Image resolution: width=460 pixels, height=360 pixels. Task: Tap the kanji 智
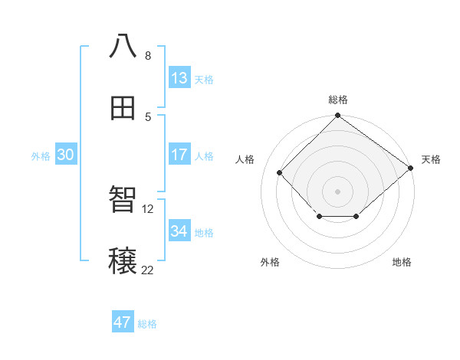tap(123, 199)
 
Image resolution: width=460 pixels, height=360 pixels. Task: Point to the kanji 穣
tap(123, 261)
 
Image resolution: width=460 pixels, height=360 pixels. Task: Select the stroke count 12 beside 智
tap(148, 208)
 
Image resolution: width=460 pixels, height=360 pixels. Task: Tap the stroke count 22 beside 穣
tap(148, 270)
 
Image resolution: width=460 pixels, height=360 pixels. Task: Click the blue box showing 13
tap(179, 78)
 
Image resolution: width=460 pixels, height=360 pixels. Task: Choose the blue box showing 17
tap(179, 155)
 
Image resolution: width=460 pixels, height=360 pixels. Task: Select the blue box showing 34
tap(179, 231)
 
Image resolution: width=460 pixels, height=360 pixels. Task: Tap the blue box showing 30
tap(66, 155)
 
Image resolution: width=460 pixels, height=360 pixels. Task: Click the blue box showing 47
tap(123, 322)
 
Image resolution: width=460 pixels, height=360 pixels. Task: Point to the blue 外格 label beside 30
tap(41, 156)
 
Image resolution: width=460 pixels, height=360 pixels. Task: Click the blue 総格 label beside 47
tap(147, 324)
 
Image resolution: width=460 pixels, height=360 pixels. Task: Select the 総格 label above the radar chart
tap(338, 100)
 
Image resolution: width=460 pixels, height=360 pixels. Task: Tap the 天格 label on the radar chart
tap(431, 159)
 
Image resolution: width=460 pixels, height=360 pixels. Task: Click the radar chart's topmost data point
tap(337, 116)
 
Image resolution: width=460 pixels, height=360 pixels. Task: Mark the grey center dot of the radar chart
tap(337, 191)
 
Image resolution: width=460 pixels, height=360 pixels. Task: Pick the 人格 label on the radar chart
tap(245, 159)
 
